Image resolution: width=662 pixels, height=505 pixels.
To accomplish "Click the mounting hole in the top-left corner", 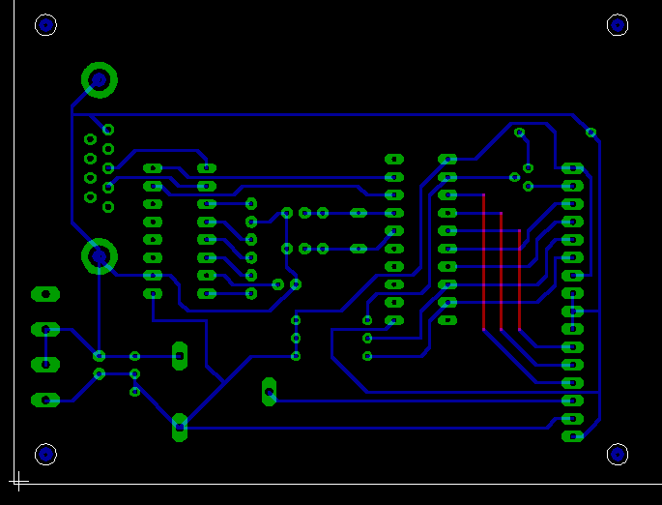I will pos(45,25).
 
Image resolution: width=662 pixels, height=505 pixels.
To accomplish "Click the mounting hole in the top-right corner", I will pos(618,25).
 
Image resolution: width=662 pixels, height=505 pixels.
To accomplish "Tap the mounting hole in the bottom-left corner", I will pos(45,454).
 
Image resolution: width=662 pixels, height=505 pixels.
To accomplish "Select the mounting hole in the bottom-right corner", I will pos(618,454).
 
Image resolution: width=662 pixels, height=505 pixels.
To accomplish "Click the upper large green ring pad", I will pos(99,80).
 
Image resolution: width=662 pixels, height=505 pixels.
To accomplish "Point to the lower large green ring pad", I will pos(99,256).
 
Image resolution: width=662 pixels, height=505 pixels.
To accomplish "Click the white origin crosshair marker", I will pos(18,480).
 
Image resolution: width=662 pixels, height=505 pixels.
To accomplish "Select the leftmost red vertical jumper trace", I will pos(483,261).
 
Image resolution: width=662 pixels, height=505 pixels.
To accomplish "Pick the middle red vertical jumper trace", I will pos(501,271).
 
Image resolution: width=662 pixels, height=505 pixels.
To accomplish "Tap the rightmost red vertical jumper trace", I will pos(519,281).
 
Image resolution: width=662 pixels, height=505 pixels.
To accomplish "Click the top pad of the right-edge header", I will pos(572,168).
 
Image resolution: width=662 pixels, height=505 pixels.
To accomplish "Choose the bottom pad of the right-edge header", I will pos(572,436).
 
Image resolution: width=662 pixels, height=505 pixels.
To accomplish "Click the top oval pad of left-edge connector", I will pos(45,293).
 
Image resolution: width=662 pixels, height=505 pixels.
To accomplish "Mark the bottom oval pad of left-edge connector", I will pos(45,400).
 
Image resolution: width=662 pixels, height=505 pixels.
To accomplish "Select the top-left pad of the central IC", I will pos(394,159).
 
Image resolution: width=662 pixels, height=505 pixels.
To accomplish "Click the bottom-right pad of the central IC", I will pos(447,320).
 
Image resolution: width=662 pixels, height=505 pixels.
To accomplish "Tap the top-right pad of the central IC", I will pos(447,159).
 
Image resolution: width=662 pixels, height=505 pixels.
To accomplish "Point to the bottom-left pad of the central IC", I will pos(394,320).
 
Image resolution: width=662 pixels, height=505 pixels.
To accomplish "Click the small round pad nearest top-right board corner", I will pos(590,133).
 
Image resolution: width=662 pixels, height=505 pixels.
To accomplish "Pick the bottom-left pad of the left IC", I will pos(153,293).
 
